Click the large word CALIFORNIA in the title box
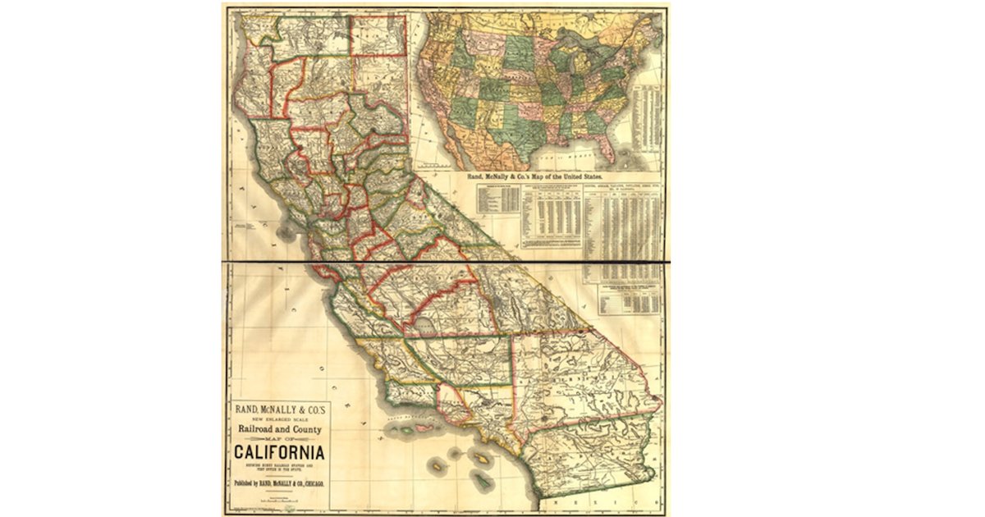click(279, 452)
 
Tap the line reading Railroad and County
click(279, 429)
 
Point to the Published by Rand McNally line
click(279, 483)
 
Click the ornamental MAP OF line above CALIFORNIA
click(279, 440)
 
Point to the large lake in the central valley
click(426, 327)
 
